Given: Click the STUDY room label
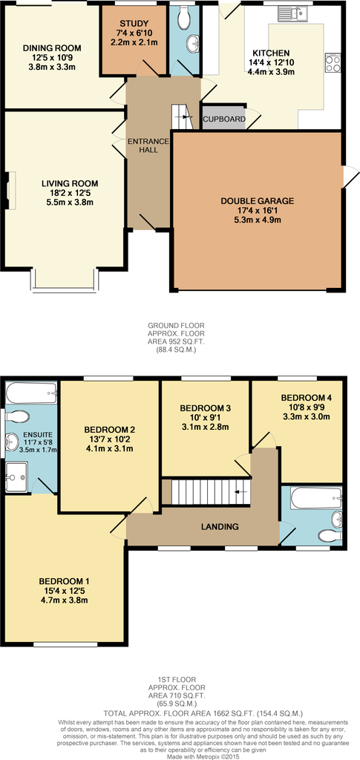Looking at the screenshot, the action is [x=133, y=23].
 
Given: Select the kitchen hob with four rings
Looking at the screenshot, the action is [x=333, y=62].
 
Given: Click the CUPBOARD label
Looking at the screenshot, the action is [x=223, y=119].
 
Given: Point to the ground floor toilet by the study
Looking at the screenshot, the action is [x=185, y=19].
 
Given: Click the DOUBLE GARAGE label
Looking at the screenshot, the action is [x=258, y=201].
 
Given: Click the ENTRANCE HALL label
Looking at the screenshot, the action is [x=148, y=145].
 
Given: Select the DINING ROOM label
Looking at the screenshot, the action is [x=52, y=48].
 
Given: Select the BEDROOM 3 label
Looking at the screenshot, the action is [x=204, y=408].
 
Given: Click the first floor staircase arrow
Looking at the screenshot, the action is [x=240, y=493].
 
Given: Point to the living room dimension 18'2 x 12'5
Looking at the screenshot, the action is [x=70, y=193].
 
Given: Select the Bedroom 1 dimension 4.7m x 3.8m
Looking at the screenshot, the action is [x=64, y=600].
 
